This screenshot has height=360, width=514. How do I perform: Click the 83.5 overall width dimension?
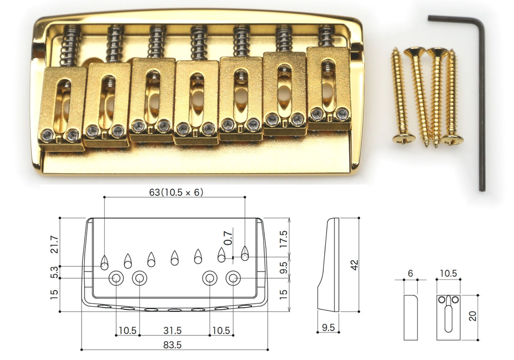click(172, 345)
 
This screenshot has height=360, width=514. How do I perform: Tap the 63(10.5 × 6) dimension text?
click(176, 192)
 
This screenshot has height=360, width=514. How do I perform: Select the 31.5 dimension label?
click(172, 330)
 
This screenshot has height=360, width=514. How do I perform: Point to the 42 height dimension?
click(355, 265)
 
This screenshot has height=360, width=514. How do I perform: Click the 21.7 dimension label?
click(55, 244)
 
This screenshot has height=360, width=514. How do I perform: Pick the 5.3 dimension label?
click(54, 272)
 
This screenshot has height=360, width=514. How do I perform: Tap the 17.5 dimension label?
click(284, 239)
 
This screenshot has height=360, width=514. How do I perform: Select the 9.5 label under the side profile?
click(328, 327)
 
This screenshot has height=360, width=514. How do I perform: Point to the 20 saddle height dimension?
click(472, 316)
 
